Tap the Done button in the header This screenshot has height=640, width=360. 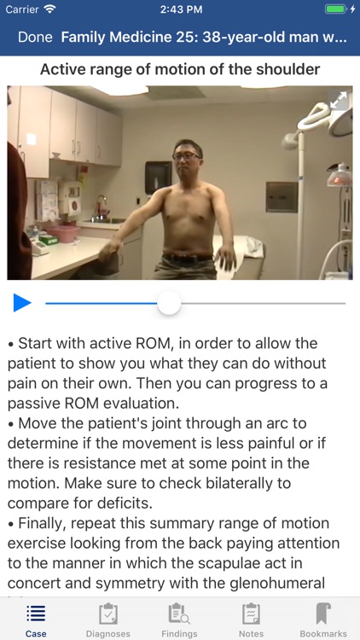click(35, 38)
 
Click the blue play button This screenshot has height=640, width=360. click(22, 302)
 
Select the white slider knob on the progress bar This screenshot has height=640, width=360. click(170, 302)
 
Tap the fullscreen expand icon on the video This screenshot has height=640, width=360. click(339, 100)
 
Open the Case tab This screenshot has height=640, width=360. click(36, 620)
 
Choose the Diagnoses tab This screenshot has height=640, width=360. click(107, 620)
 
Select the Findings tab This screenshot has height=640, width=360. click(179, 620)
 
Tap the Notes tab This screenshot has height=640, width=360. click(251, 620)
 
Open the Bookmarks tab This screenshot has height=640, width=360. click(322, 620)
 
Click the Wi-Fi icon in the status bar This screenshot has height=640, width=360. click(49, 9)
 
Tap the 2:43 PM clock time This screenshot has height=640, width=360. click(179, 9)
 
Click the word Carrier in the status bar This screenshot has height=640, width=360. click(22, 9)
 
